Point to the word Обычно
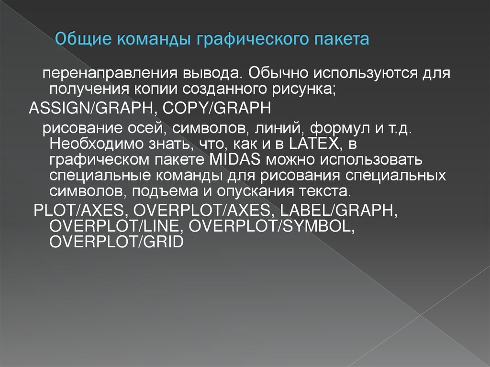(x=278, y=74)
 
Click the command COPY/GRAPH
(x=217, y=108)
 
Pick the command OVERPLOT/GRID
(x=116, y=242)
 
